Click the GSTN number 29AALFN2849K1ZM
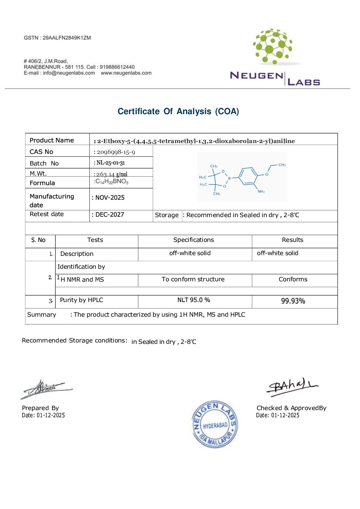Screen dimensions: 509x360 pos(67,38)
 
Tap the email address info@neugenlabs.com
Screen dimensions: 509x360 pos(69,73)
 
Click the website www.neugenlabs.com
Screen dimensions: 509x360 pos(126,73)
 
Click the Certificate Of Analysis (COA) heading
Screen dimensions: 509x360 pos(178,111)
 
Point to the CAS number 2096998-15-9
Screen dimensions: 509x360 pos(116,152)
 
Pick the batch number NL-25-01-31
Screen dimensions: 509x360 pos(110,163)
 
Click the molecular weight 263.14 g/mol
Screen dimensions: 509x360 pos(112,174)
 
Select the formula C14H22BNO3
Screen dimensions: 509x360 pos(112,182)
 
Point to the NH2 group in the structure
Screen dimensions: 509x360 pos(261,192)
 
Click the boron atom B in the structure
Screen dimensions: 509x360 pos(229,178)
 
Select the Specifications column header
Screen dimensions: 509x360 pos(193,240)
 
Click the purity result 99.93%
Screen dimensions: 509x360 pos(293,301)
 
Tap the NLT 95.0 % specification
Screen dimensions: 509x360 pos(193,300)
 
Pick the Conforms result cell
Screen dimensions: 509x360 pos(293,279)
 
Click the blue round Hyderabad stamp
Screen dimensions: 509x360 pos(215,424)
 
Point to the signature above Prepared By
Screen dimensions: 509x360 pos(46,389)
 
